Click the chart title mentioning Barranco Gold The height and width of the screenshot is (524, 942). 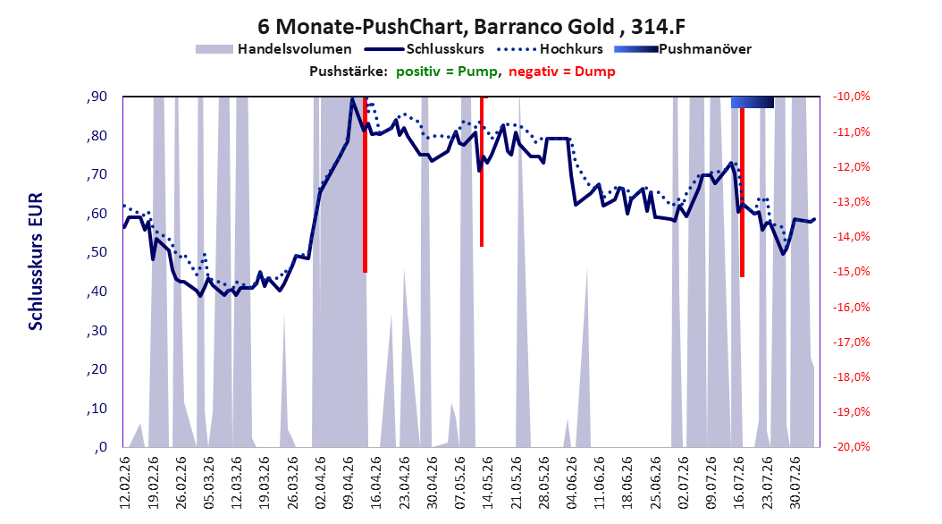pyautogui.click(x=472, y=27)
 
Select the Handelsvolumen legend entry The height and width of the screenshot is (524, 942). pyautogui.click(x=274, y=49)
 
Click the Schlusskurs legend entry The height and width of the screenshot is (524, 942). pyautogui.click(x=425, y=49)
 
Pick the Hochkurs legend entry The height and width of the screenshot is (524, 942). pyautogui.click(x=550, y=49)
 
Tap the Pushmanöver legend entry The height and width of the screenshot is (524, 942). pyautogui.click(x=683, y=49)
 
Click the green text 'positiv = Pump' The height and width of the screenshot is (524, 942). pyautogui.click(x=447, y=72)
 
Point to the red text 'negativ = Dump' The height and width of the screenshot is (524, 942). pyautogui.click(x=562, y=72)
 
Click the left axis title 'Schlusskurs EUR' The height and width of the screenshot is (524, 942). pyautogui.click(x=36, y=261)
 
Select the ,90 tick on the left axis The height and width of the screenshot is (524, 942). pyautogui.click(x=97, y=97)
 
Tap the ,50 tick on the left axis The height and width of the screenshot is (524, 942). pyautogui.click(x=97, y=252)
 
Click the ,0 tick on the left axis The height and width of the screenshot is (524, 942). pyautogui.click(x=101, y=446)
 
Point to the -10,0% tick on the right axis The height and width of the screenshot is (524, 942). pyautogui.click(x=851, y=97)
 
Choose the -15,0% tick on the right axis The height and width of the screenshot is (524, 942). pyautogui.click(x=851, y=272)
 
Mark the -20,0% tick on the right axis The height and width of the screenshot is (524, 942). pyautogui.click(x=851, y=446)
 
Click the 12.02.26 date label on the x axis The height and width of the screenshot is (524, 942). pyautogui.click(x=125, y=483)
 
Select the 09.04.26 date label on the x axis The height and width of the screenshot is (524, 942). pyautogui.click(x=349, y=483)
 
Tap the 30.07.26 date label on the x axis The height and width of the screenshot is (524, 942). pyautogui.click(x=795, y=483)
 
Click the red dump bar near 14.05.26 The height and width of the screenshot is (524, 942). pyautogui.click(x=482, y=172)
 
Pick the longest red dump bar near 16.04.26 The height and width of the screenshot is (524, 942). pyautogui.click(x=365, y=184)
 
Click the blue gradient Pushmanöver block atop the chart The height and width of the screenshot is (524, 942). pyautogui.click(x=753, y=102)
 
